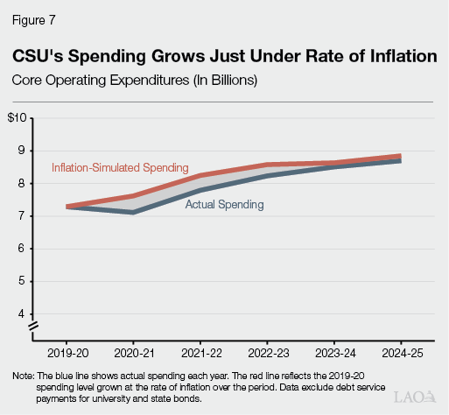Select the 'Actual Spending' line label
[x=224, y=204]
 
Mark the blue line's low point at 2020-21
[x=132, y=212]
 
